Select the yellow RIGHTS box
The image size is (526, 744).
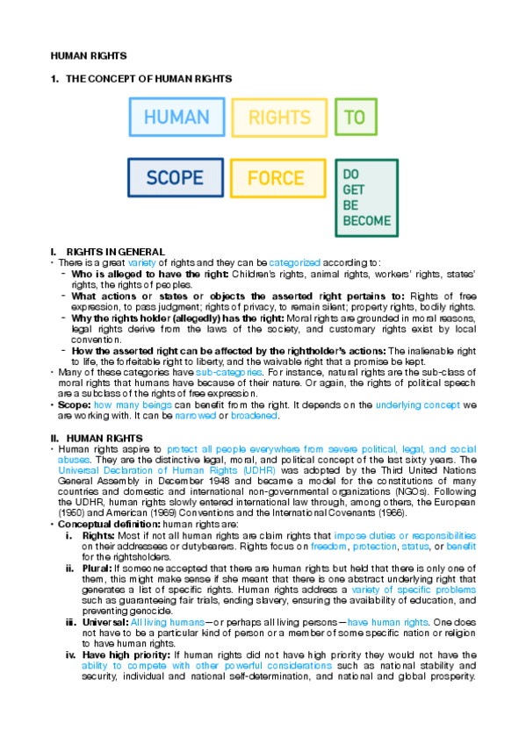pos(279,117)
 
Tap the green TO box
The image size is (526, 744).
pos(355,117)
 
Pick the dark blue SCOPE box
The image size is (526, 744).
pos(174,178)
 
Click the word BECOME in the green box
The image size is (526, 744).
pos(366,221)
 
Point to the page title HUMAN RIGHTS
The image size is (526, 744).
pos(89,55)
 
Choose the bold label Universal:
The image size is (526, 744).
pos(104,622)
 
